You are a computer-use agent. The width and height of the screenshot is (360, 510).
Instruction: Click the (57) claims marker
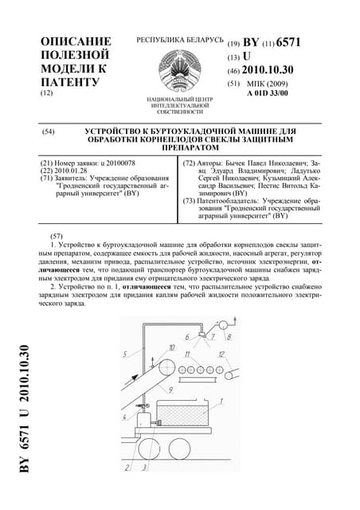click(56, 237)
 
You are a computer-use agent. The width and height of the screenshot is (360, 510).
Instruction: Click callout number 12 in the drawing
click(222, 352)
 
